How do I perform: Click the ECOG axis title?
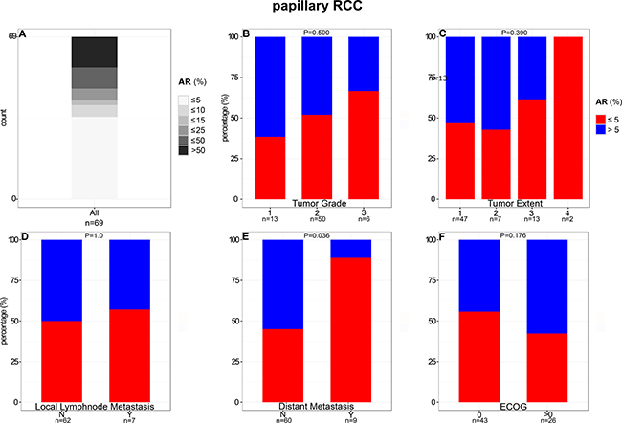pyautogui.click(x=512, y=407)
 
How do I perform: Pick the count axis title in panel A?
pyautogui.click(x=7, y=119)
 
